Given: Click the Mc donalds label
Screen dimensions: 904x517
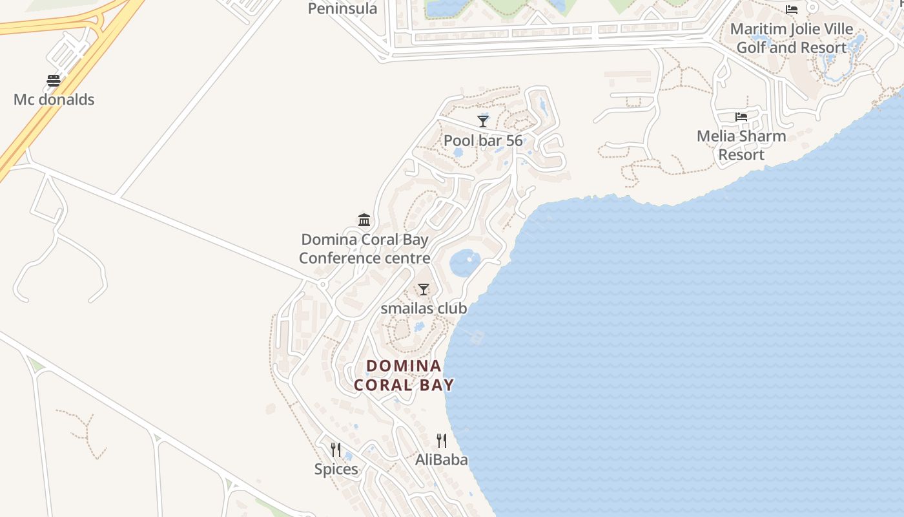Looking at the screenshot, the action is [54, 100].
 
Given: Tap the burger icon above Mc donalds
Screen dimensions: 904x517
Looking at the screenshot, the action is [54, 81].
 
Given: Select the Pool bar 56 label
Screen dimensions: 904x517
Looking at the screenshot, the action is [483, 141].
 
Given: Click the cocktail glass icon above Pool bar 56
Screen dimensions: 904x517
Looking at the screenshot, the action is [483, 121].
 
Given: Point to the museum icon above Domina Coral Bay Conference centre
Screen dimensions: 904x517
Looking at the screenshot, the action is [364, 220].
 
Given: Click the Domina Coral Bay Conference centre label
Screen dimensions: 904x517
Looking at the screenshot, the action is [364, 249].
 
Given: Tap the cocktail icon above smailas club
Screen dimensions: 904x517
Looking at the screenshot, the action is [424, 290].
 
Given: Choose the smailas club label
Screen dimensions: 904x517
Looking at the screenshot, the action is [424, 308].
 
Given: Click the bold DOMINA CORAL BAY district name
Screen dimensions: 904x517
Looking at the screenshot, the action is [404, 375].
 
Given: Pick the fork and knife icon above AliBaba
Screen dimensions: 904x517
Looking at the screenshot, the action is [442, 441].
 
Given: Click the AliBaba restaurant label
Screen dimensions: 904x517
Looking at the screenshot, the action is [442, 459].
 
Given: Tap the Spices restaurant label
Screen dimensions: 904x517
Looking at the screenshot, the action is [336, 469].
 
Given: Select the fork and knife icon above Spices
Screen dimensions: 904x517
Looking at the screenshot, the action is [336, 450].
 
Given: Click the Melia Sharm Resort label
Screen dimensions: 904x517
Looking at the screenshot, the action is [741, 145].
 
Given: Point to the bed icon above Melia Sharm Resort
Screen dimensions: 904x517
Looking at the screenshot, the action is [741, 117].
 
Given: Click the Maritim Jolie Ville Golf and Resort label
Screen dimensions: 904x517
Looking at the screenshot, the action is [792, 38].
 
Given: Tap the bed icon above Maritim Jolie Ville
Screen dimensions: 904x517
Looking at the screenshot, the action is [792, 9].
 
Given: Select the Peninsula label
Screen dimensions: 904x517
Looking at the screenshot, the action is [342, 8].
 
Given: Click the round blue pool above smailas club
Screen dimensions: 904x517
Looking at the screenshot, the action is [465, 262].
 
